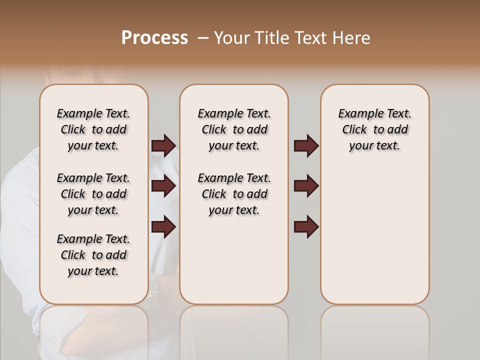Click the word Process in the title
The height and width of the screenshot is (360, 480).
coord(154,37)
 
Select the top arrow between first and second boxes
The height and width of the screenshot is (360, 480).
coord(163,145)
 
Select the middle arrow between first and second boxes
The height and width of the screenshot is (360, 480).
coord(163,186)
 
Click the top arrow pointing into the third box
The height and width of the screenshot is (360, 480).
coord(306,145)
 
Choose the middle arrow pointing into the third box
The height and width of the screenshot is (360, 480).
coord(306,186)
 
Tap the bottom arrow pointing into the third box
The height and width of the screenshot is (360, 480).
coord(306,227)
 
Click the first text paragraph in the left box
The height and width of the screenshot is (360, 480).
coord(93,129)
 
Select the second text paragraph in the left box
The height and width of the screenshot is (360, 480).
coord(93,194)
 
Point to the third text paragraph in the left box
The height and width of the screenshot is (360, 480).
coord(93,255)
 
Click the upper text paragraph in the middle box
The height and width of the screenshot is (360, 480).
coord(234,129)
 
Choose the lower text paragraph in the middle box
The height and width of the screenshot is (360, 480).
coord(234,194)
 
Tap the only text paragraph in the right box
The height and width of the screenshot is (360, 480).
coord(374,129)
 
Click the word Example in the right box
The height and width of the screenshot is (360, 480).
coord(356,114)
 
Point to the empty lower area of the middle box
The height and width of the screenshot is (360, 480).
coord(234,260)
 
